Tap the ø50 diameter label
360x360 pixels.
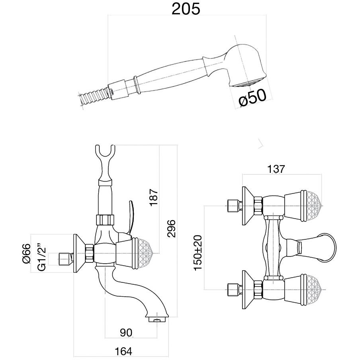pos(252,98)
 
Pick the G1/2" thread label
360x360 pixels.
pos(41,257)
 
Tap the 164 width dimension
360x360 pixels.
pos(123,351)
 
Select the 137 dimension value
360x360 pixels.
pos(276,168)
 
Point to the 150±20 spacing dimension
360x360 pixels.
pos(198,252)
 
